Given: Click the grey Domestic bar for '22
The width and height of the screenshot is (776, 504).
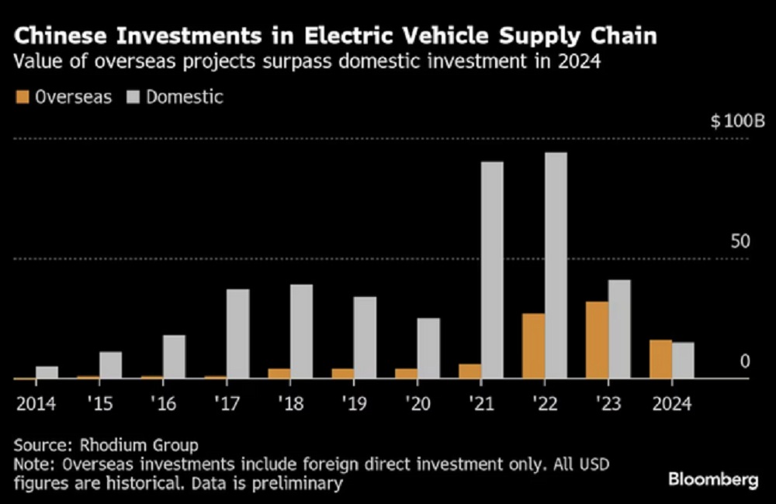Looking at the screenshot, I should pyautogui.click(x=556, y=265).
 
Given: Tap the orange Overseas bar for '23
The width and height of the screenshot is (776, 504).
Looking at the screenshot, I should pyautogui.click(x=598, y=340).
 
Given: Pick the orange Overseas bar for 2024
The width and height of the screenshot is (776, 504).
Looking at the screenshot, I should pyautogui.click(x=660, y=359).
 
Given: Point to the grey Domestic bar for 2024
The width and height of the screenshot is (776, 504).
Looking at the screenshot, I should pyautogui.click(x=683, y=361).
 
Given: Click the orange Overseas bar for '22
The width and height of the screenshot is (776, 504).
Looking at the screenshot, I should pyautogui.click(x=534, y=346).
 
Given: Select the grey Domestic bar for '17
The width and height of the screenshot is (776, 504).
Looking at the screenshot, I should pyautogui.click(x=238, y=333).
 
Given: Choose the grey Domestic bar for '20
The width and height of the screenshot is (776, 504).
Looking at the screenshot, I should pyautogui.click(x=428, y=348).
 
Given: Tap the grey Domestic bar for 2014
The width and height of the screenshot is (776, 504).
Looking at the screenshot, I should pyautogui.click(x=47, y=372).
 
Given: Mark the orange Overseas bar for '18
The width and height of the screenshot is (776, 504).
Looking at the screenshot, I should pyautogui.click(x=279, y=374).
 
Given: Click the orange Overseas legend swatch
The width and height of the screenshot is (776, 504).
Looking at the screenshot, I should pyautogui.click(x=21, y=98).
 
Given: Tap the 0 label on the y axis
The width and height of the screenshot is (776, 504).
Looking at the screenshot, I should pyautogui.click(x=745, y=361).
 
